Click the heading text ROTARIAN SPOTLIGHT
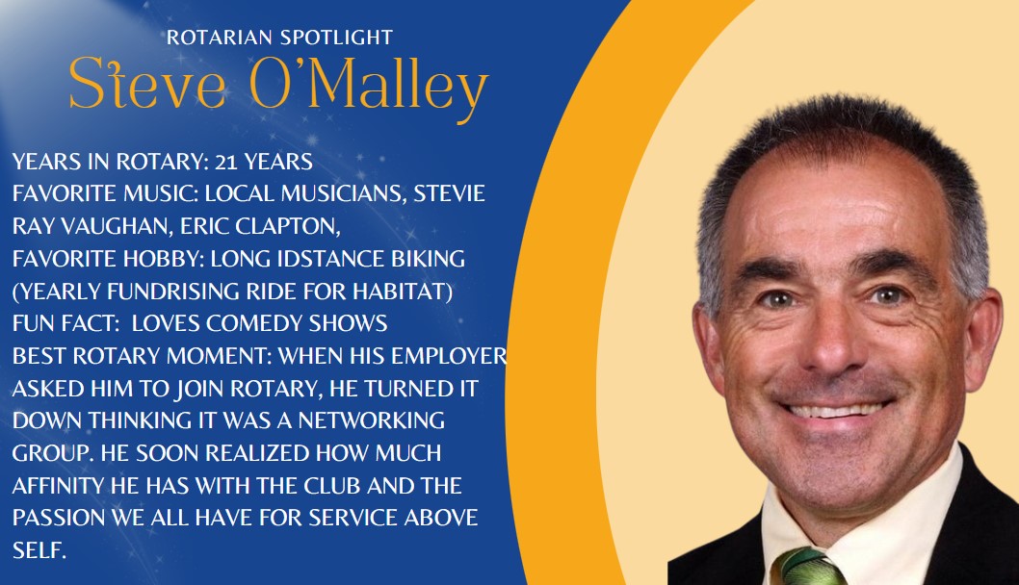(x=279, y=38)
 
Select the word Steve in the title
(x=147, y=84)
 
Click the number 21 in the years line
(x=226, y=162)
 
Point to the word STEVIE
(x=449, y=193)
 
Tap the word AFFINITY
(x=58, y=486)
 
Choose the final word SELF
(x=39, y=550)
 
